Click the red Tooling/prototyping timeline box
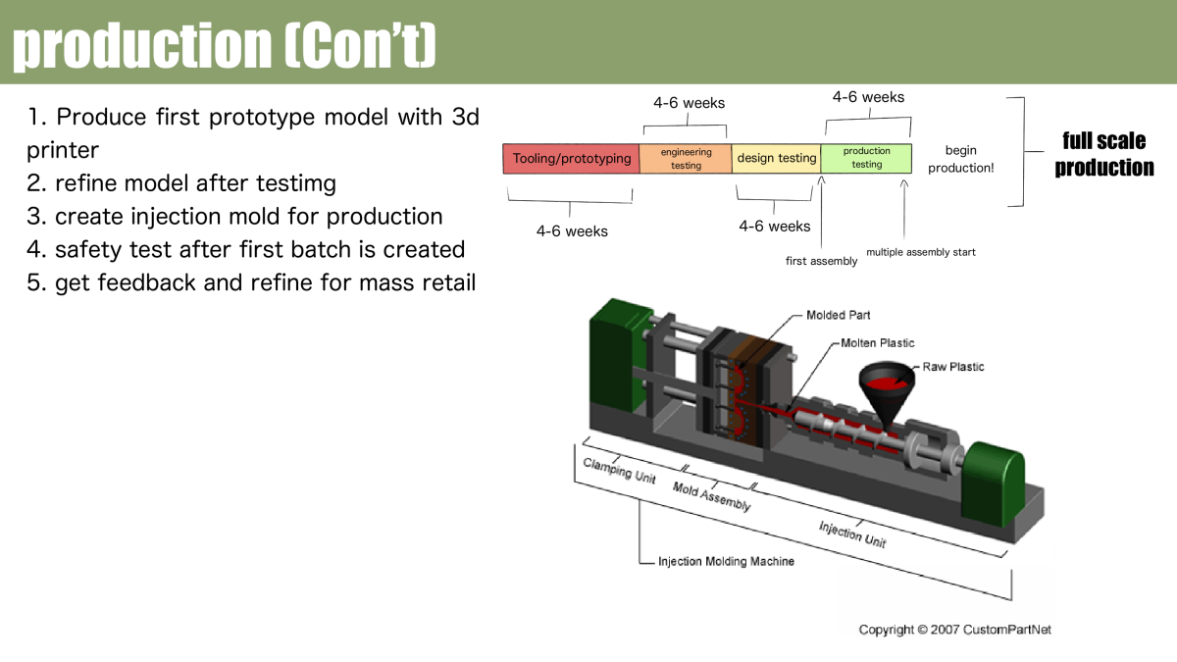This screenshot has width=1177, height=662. [571, 159]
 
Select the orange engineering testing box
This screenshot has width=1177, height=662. [686, 159]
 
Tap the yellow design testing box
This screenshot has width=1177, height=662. [776, 159]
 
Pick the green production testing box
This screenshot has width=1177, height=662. [866, 158]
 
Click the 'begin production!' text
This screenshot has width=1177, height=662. [961, 159]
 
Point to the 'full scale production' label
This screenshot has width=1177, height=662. [1103, 154]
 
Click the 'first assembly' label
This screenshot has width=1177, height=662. [821, 261]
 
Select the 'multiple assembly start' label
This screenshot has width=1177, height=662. [920, 252]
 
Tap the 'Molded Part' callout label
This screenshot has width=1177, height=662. [838, 315]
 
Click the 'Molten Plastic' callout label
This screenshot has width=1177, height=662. [877, 343]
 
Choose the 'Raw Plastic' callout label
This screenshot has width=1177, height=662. [952, 367]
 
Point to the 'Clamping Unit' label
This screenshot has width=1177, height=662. [619, 470]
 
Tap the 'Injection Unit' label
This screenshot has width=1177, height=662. [852, 535]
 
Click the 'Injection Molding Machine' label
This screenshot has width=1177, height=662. [726, 562]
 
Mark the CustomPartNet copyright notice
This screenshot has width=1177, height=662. [954, 630]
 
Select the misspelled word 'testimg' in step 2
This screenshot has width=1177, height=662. [295, 183]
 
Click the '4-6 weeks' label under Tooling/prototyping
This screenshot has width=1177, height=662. [572, 231]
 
